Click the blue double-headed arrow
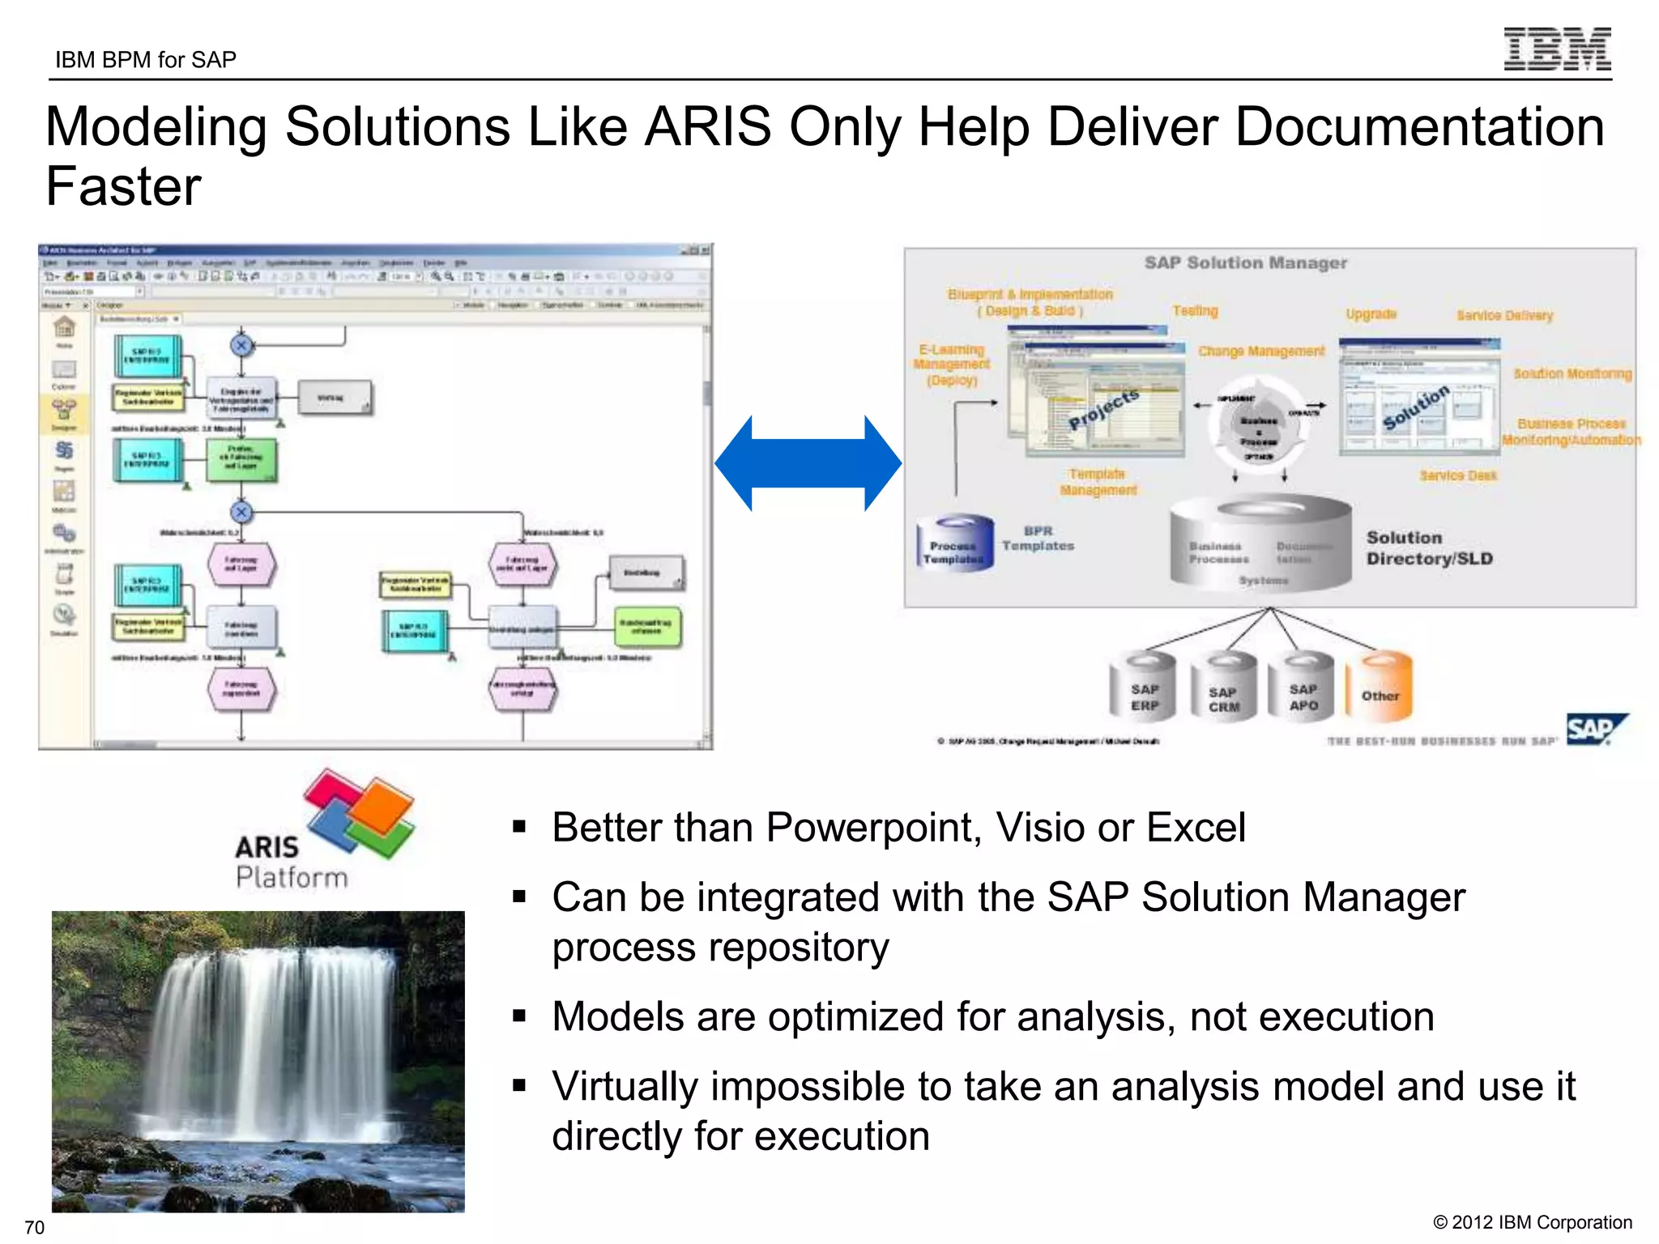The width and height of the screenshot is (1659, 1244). click(808, 463)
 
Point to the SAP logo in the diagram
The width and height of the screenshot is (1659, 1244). click(1593, 730)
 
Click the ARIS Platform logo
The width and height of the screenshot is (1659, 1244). click(324, 830)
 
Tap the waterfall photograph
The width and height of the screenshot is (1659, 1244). click(258, 1061)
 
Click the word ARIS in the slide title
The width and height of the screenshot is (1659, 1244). click(707, 127)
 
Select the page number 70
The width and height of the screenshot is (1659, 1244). click(34, 1227)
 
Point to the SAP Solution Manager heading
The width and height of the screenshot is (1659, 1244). click(1245, 262)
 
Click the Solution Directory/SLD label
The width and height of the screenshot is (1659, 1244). click(1428, 548)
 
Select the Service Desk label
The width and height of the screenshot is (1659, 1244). click(1457, 475)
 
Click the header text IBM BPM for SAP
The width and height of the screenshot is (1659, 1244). click(146, 60)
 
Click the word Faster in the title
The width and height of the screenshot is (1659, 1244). click(123, 187)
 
